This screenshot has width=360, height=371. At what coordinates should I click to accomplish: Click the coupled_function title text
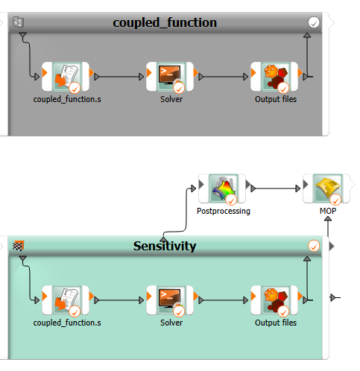[165, 22]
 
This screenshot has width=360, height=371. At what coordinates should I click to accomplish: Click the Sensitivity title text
[164, 246]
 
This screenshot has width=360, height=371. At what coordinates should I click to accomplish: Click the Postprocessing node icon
[222, 188]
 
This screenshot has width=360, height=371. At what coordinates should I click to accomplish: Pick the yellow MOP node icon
[327, 188]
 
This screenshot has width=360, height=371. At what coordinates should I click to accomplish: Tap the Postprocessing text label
[222, 211]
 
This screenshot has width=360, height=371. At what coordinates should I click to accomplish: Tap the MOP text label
[327, 211]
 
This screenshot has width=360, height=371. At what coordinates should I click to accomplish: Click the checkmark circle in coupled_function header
[314, 23]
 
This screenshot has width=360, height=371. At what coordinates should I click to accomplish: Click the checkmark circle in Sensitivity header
[314, 246]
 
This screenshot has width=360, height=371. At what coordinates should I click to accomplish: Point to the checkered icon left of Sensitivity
[18, 245]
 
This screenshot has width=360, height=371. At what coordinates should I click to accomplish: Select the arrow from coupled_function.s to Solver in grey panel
[119, 76]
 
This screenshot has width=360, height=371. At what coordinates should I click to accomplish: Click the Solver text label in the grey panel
[171, 99]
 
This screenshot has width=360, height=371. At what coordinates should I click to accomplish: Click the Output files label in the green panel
[275, 323]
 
